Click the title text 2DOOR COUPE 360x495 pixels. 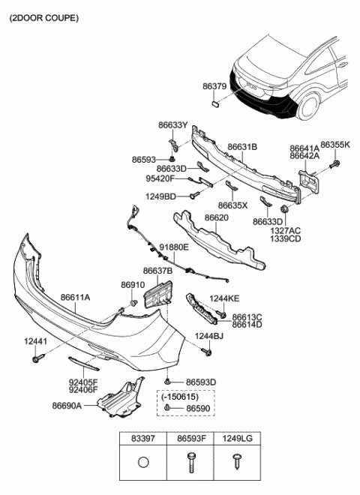pos(43,16)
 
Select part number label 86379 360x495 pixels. pos(214,87)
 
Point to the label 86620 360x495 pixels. pos(217,217)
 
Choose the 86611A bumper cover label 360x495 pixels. pos(75,298)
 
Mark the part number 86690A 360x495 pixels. pos(67,405)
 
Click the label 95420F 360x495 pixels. pos(160,179)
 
